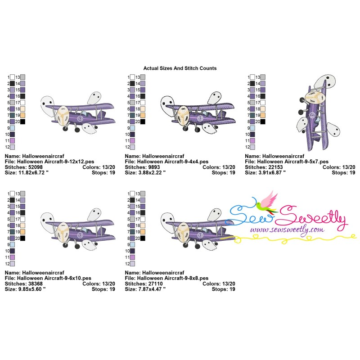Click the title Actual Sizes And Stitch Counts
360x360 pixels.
tap(180, 68)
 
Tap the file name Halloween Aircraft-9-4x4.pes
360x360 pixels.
tap(173, 162)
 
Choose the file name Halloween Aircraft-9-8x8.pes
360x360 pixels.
tap(173, 278)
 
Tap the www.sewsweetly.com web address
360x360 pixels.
tap(287, 230)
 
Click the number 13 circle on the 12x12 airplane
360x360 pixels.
tap(80, 119)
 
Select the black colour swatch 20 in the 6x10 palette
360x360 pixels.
tap(23, 238)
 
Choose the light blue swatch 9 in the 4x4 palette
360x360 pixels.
tap(132, 128)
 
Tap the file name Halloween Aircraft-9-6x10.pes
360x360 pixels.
tap(54, 278)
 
